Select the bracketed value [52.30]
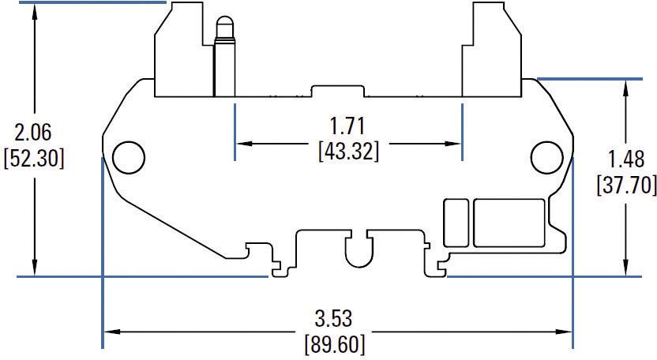point(33,158)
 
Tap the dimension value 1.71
point(347,125)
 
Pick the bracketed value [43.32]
point(347,150)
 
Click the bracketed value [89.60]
point(335,344)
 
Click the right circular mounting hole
point(545,157)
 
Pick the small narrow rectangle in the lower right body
point(455,223)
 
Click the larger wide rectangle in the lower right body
point(508,223)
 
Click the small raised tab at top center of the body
point(337,88)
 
